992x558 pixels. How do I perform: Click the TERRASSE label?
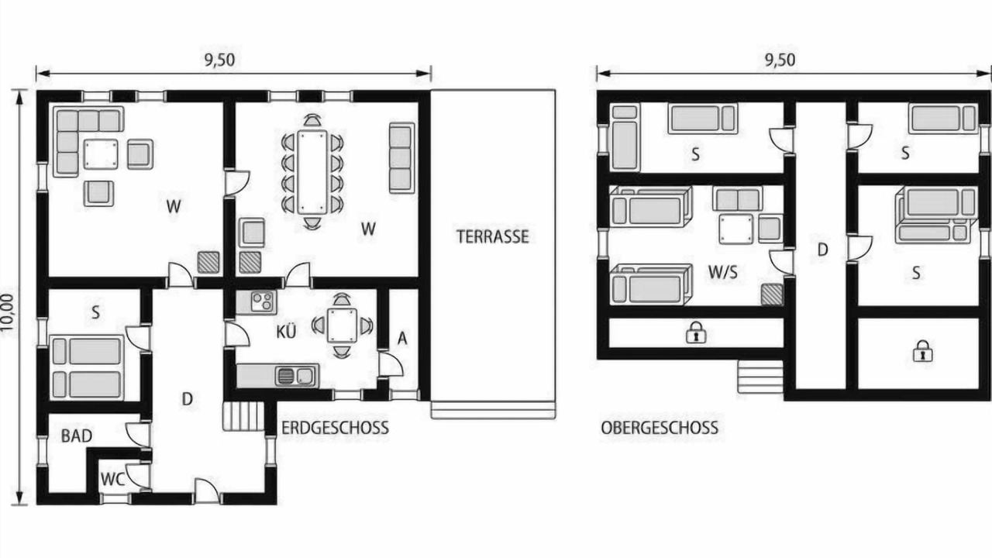(492, 236)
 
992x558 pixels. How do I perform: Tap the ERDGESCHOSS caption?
(336, 428)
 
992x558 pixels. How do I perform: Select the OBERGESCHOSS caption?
(660, 428)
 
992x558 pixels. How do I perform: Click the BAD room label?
(77, 436)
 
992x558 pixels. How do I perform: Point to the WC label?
(112, 479)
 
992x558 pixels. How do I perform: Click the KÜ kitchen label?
(286, 331)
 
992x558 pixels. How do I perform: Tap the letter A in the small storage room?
(402, 339)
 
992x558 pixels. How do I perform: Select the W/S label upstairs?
(723, 272)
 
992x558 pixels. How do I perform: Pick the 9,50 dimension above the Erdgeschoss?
(219, 60)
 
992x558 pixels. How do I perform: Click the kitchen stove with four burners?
(262, 301)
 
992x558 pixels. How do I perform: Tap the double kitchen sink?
(296, 377)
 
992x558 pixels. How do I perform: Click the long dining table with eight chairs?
(312, 172)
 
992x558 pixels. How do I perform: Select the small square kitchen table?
(342, 325)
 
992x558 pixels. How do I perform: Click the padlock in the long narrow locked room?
(696, 332)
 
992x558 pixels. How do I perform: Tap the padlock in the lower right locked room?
(923, 351)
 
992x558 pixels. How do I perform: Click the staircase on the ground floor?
(243, 416)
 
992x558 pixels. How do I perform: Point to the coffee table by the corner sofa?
(101, 154)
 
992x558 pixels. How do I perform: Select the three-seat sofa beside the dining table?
(402, 158)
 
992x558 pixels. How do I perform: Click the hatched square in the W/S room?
(772, 294)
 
